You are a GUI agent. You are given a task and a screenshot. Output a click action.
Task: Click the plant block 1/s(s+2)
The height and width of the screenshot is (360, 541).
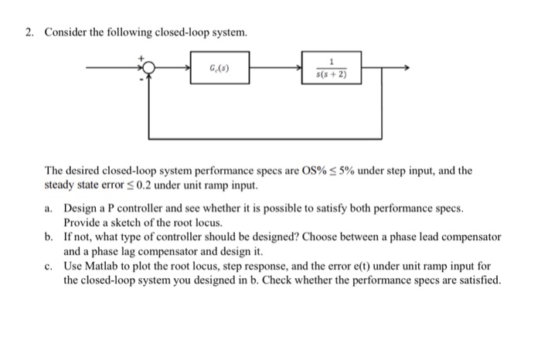tap(332, 72)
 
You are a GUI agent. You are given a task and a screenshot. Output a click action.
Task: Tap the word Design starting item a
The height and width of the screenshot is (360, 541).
tap(81, 209)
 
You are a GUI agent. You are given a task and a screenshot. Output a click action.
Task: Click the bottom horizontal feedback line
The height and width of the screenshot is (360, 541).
tap(263, 138)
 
